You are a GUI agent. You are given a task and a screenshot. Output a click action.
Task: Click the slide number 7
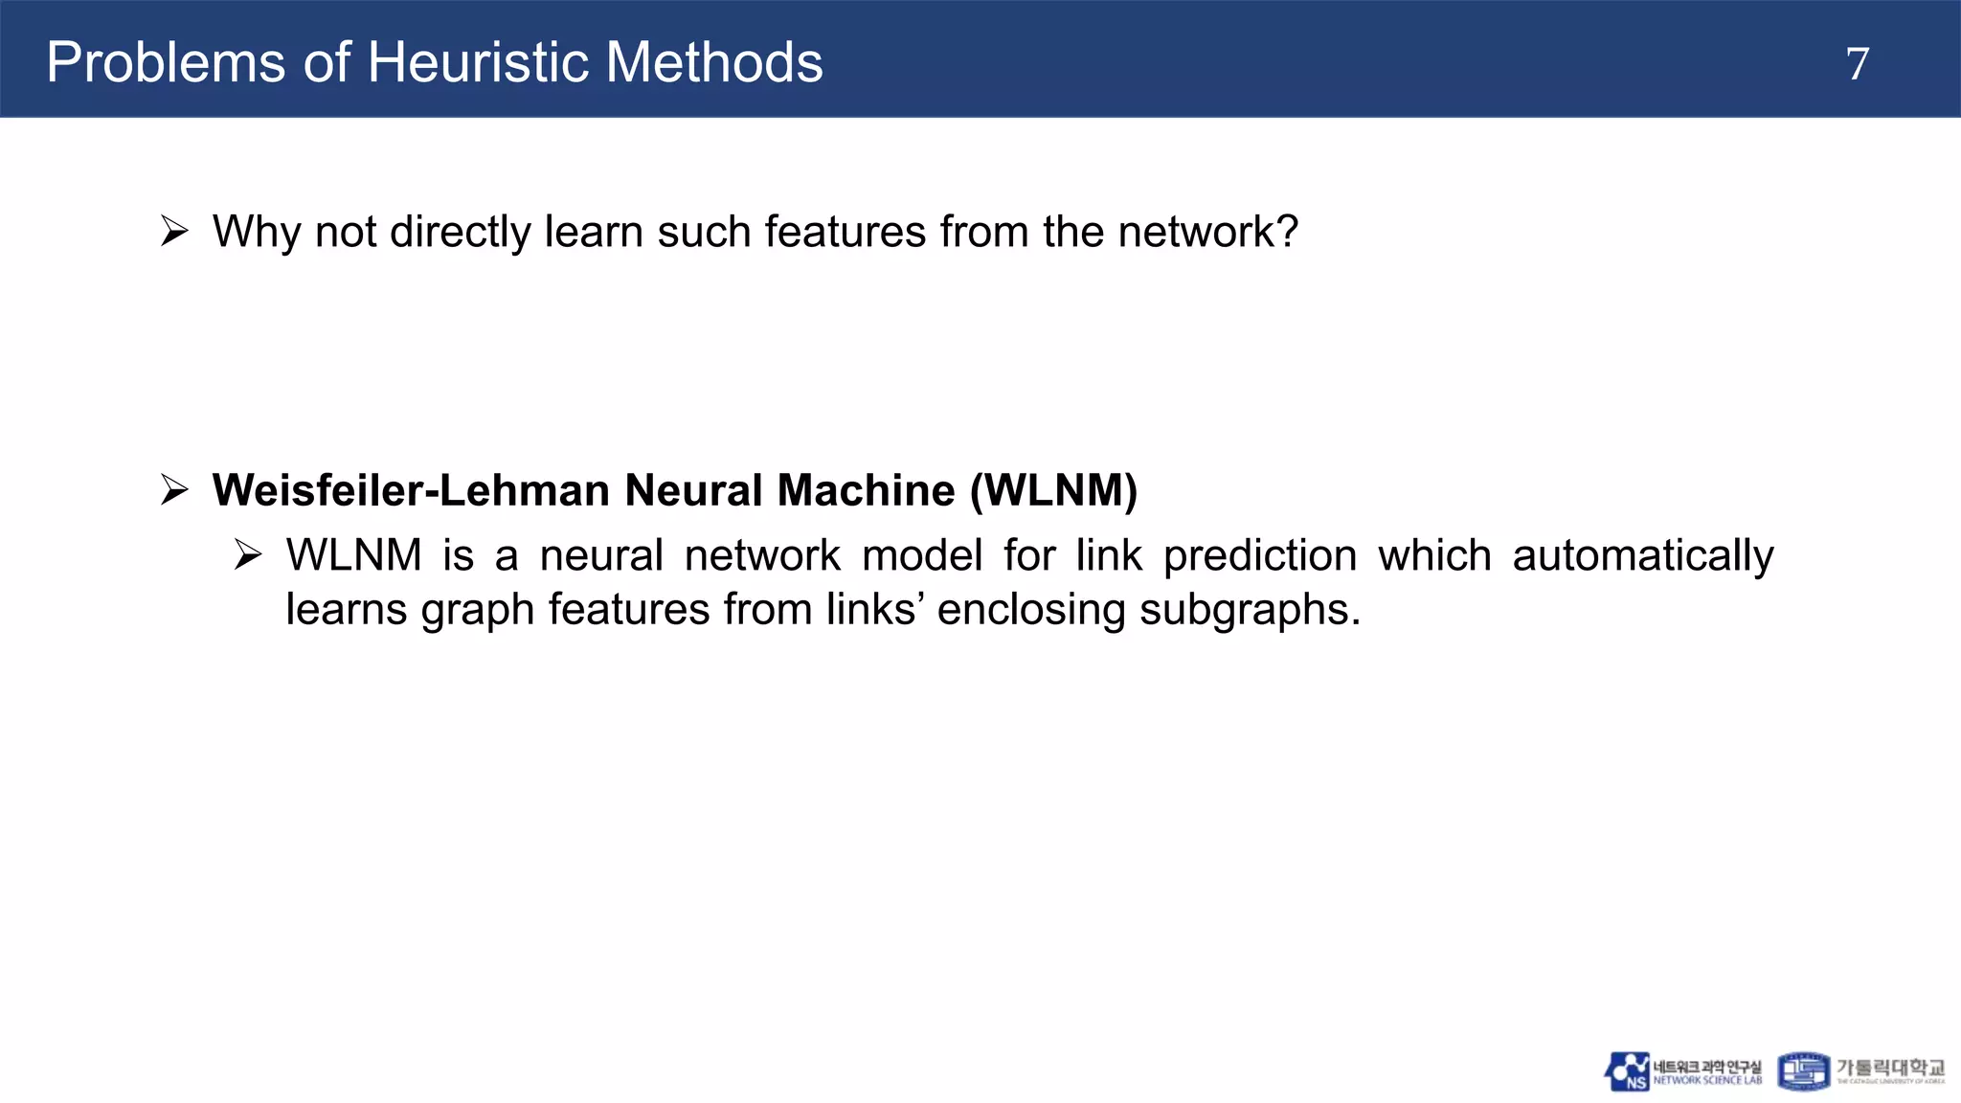click(x=1857, y=64)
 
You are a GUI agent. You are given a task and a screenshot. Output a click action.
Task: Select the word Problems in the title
click(x=166, y=63)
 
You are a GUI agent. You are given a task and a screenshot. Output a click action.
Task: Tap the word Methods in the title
click(x=714, y=63)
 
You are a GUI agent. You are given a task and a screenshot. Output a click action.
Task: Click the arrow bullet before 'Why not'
click(x=174, y=232)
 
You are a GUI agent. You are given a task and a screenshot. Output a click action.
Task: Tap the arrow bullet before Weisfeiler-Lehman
click(x=174, y=490)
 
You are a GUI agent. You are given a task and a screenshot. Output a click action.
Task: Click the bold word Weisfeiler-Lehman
click(x=411, y=490)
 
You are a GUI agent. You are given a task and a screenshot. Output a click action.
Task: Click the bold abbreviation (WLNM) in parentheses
click(x=1053, y=490)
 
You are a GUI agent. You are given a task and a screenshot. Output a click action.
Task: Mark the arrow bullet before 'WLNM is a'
click(x=248, y=555)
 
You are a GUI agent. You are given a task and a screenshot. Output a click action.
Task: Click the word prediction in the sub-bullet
click(x=1260, y=555)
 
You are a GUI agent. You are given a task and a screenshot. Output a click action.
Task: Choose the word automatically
click(x=1642, y=555)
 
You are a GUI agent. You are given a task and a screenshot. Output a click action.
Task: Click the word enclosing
click(x=1030, y=609)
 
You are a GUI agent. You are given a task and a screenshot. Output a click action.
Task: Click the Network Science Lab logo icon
click(x=1627, y=1071)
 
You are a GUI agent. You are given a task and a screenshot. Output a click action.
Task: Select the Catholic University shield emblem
click(x=1803, y=1071)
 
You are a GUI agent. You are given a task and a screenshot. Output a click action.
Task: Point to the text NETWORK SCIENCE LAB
click(x=1707, y=1081)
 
